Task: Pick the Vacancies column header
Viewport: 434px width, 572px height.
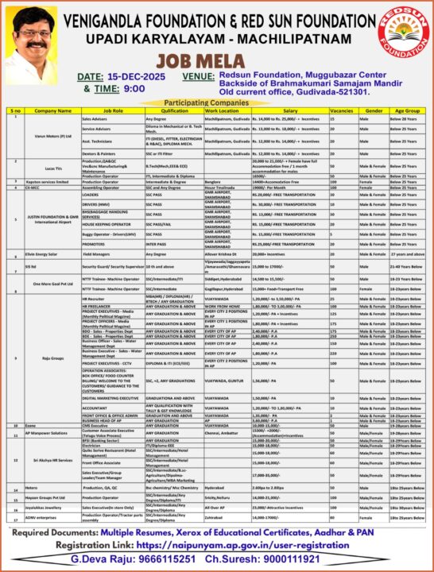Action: click(x=341, y=111)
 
